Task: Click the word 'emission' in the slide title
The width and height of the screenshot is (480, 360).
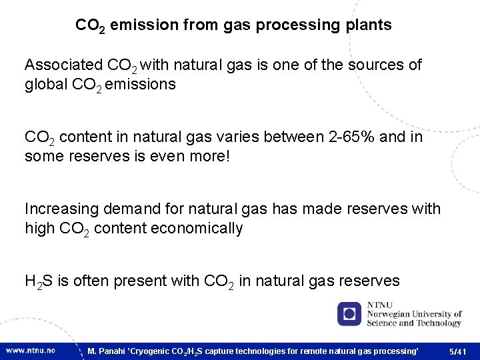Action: (139, 25)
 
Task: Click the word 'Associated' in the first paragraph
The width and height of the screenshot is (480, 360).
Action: (63, 65)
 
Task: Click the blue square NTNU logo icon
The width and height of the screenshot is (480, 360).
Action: (349, 313)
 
